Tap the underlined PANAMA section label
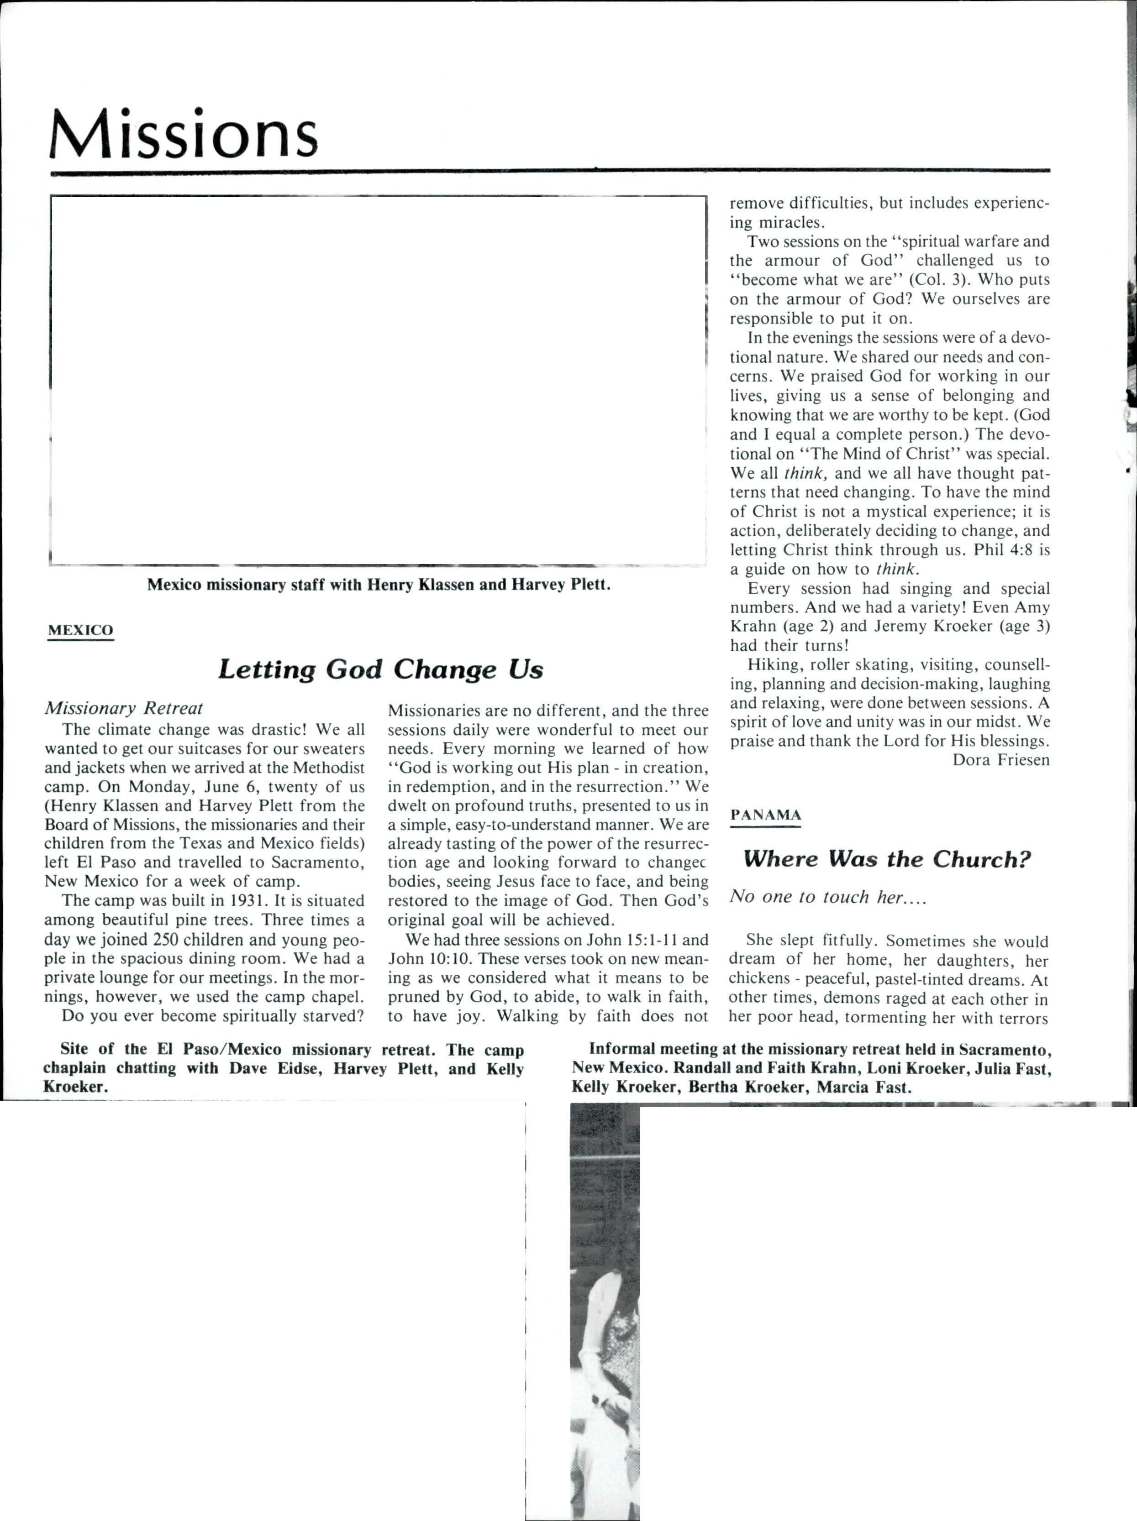point(766,815)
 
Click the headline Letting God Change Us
point(380,669)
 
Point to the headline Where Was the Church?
point(887,859)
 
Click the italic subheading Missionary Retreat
point(124,708)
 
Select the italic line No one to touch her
point(827,897)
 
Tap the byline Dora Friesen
point(1001,760)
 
